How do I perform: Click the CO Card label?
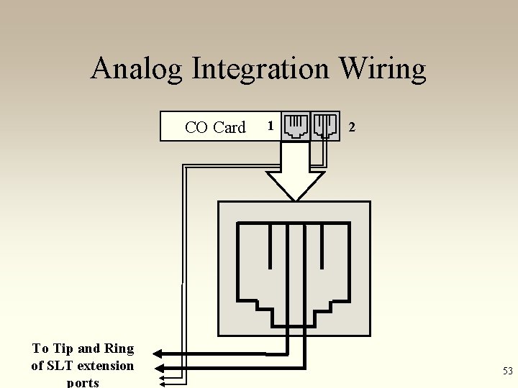point(214,127)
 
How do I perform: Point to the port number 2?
point(351,127)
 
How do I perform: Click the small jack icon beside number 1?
point(295,126)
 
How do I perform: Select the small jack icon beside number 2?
point(325,126)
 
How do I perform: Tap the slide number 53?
point(507,371)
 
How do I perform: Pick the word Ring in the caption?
point(119,348)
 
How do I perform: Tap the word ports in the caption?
point(83,382)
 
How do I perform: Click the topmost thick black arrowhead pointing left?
point(160,354)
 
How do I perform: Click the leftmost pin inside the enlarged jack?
point(270,244)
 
